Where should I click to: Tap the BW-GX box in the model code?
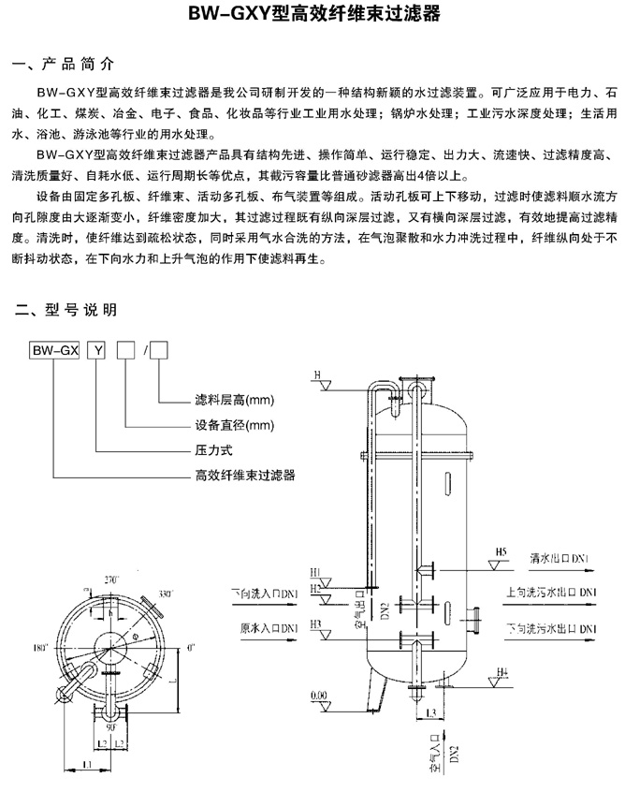[x=53, y=351]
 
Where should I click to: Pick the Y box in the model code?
[x=96, y=351]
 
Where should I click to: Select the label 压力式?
[x=211, y=450]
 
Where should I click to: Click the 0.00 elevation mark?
[x=319, y=695]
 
